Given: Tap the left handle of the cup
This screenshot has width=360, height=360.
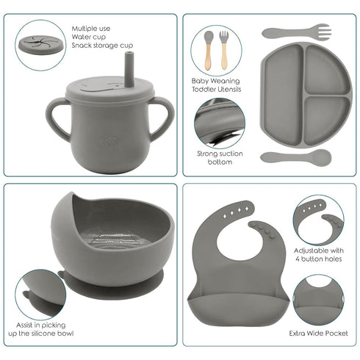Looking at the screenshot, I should (x=54, y=118).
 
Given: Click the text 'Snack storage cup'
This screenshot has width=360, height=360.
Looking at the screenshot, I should (x=103, y=46).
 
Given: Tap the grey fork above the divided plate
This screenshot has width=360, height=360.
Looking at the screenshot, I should (x=296, y=32).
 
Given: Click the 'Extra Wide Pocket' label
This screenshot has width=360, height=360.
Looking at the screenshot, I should (x=318, y=333).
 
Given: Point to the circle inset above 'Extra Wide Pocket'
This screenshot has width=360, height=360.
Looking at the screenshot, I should (x=318, y=298).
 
